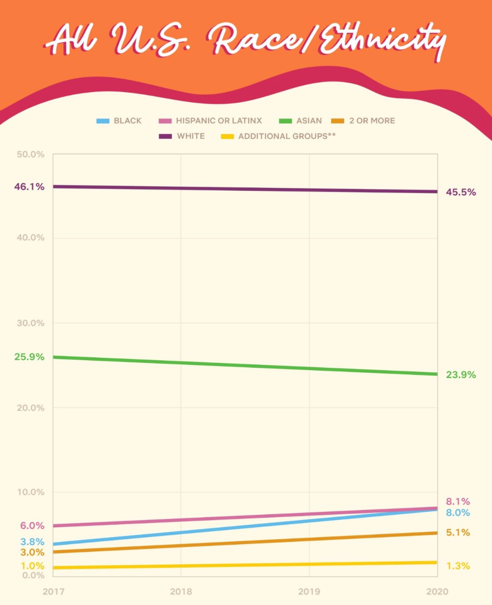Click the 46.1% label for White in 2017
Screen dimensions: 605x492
(29, 187)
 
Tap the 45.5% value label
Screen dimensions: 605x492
(461, 192)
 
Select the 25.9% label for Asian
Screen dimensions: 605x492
(29, 357)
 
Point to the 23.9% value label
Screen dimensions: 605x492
(461, 374)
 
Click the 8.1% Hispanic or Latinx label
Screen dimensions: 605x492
(458, 501)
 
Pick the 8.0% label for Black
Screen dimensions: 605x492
(458, 513)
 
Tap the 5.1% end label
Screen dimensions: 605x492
(458, 532)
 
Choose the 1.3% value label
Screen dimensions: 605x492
(458, 566)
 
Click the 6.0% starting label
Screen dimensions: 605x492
(32, 526)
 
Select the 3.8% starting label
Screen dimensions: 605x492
(32, 542)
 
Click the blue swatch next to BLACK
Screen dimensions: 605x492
(103, 121)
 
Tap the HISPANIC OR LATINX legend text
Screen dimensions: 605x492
(219, 121)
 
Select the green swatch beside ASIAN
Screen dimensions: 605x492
(285, 121)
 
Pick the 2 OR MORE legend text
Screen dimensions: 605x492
(372, 121)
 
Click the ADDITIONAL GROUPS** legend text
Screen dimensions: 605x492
(287, 136)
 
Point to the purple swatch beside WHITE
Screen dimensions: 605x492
(165, 136)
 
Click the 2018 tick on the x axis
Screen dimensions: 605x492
(181, 591)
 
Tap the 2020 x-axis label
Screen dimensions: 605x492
(437, 591)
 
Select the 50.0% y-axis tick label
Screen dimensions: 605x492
(30, 154)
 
